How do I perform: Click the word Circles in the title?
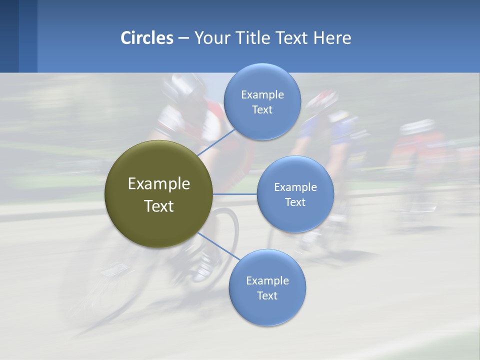pyautogui.click(x=147, y=38)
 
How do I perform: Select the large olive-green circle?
pyautogui.click(x=158, y=194)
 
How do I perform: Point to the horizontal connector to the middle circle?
pyautogui.click(x=234, y=194)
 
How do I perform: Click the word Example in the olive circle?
pyautogui.click(x=159, y=184)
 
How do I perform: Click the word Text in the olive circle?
pyautogui.click(x=159, y=206)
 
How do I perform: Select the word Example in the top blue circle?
pyautogui.click(x=262, y=95)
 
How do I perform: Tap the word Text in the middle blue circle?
pyautogui.click(x=295, y=202)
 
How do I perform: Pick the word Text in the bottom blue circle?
pyautogui.click(x=267, y=296)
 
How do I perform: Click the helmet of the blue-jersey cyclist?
pyautogui.click(x=321, y=100)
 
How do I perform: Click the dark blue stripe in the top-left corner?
pyautogui.click(x=9, y=36)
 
